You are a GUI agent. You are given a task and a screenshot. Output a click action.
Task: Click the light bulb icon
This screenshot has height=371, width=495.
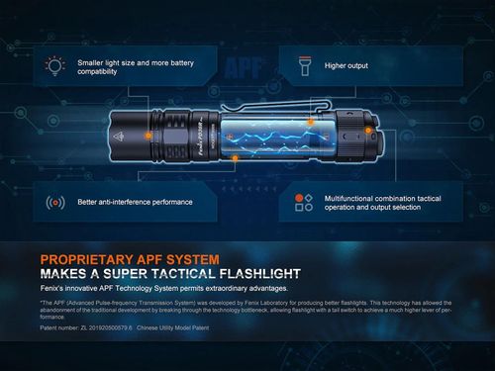click(54, 65)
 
